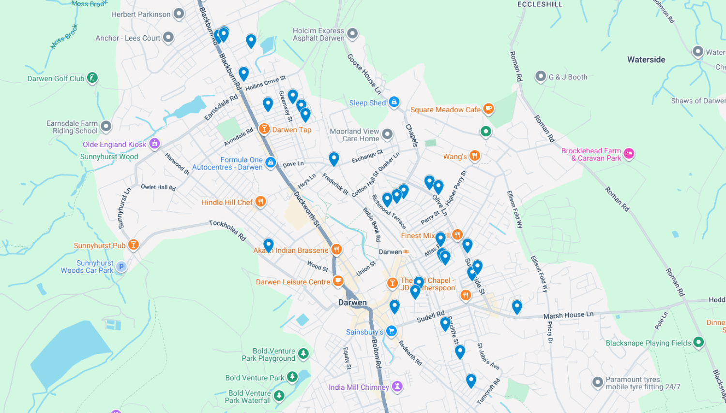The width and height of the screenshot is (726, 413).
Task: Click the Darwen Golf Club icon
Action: click(92, 78)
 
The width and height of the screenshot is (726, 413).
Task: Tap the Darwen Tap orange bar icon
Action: click(264, 129)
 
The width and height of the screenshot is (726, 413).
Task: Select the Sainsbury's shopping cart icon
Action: click(392, 331)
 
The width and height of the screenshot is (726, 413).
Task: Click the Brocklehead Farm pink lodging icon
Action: click(629, 154)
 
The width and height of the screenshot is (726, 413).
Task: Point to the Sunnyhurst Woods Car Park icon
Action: click(121, 266)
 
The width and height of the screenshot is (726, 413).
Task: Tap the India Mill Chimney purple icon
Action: click(397, 386)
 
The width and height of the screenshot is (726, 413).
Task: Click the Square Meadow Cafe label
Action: click(445, 110)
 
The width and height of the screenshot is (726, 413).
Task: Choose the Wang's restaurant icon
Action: click(475, 156)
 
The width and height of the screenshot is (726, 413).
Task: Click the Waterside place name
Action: click(646, 60)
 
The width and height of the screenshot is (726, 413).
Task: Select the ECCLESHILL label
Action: click(540, 4)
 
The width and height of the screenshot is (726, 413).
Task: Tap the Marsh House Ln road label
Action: click(568, 315)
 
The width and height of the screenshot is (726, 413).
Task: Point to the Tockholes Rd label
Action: click(227, 230)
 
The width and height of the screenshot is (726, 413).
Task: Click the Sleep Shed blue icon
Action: click(394, 102)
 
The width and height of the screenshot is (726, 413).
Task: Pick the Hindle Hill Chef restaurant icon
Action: click(260, 202)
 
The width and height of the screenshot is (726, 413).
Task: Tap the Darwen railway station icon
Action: click(406, 251)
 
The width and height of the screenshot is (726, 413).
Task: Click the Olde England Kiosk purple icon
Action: click(154, 144)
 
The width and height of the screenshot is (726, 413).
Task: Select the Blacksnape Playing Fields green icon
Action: click(698, 342)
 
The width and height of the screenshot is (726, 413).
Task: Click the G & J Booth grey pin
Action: click(541, 76)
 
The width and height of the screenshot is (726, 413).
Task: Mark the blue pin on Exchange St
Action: click(333, 158)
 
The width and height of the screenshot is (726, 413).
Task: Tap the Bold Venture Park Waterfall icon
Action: click(279, 396)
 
